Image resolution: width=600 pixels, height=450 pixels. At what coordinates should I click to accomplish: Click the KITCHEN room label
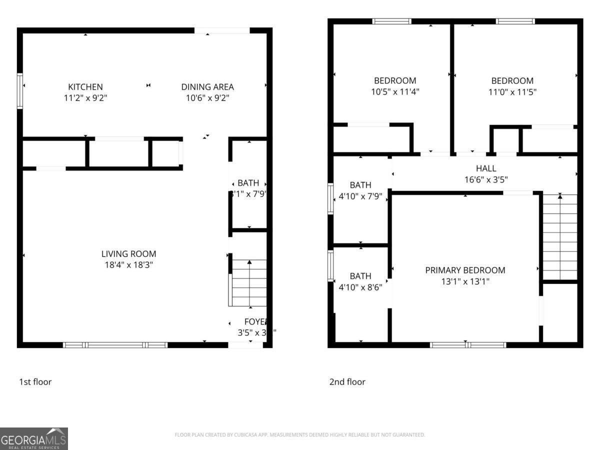85,87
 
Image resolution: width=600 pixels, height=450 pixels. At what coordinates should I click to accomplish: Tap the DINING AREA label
207,87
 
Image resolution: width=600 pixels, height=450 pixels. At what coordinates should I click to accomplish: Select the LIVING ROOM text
129,254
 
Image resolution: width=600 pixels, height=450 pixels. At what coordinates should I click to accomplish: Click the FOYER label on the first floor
256,321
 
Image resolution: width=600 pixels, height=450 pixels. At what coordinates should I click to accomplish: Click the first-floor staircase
249,283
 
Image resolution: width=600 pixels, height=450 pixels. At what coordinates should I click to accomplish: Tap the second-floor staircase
559,236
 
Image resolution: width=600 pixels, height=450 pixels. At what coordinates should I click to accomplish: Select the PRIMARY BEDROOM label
465,270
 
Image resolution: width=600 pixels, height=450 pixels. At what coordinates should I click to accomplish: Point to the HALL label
486,168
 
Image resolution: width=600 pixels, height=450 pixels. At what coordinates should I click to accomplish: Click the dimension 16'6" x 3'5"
486,179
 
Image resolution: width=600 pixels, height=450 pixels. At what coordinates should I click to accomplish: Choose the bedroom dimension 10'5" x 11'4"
395,92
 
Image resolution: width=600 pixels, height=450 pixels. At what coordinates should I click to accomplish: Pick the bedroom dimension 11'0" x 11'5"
512,92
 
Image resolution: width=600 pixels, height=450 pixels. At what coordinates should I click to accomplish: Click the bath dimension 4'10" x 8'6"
360,287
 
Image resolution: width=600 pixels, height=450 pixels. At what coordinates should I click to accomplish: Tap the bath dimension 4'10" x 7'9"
360,196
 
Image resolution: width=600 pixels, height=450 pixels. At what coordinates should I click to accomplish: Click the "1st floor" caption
35,382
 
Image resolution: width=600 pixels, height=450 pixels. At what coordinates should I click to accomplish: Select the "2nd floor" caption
347,382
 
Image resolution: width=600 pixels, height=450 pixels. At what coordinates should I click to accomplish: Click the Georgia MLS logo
34,438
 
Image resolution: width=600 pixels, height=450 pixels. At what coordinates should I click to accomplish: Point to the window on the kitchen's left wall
20,91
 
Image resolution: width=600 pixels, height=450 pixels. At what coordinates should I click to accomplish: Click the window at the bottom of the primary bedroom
468,344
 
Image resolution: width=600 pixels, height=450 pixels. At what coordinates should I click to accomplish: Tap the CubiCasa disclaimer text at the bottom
300,435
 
